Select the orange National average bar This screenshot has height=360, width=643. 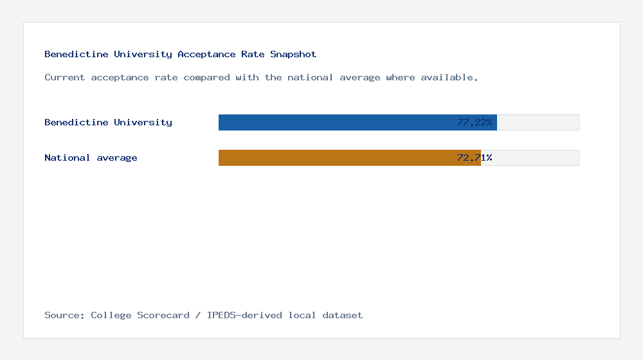[x=334, y=157]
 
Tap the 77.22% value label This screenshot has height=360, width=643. [x=475, y=122]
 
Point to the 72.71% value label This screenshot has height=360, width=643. [x=475, y=157]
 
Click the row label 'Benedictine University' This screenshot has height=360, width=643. [x=108, y=122]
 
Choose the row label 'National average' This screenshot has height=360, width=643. [x=91, y=157]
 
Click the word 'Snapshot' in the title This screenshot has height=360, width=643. [x=293, y=54]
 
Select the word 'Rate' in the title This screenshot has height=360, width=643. [x=253, y=54]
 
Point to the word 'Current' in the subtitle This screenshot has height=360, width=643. [x=64, y=77]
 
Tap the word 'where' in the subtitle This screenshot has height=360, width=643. [x=400, y=77]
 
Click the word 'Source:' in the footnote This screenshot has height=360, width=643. [x=64, y=315]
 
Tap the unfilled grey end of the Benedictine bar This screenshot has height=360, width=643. [x=538, y=122]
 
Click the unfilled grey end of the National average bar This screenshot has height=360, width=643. [x=530, y=157]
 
